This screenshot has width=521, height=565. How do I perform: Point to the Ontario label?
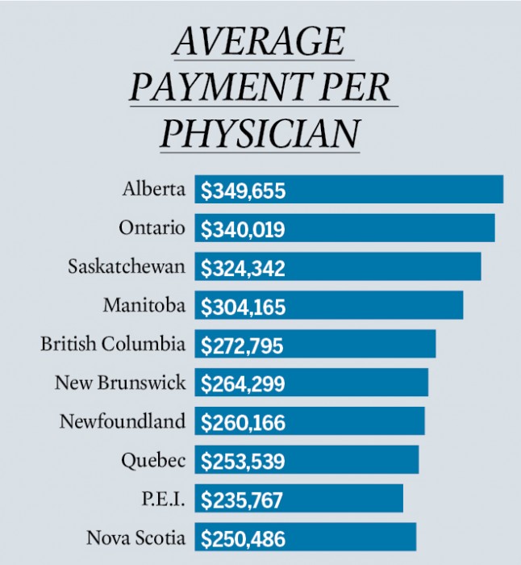point(152,228)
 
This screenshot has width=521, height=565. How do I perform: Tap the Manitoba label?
point(144,306)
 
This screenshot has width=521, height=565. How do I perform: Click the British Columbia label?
point(113,344)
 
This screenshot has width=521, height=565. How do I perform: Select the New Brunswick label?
point(120,383)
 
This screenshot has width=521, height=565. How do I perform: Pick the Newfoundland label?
point(123,421)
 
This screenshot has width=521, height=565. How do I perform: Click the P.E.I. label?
point(165,499)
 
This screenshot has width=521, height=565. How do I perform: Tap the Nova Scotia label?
point(136,538)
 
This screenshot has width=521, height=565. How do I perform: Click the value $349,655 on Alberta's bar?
point(243,191)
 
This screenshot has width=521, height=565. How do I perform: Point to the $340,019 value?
point(243,229)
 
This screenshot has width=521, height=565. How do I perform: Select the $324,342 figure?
point(243,268)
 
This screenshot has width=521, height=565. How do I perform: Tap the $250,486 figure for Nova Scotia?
point(243,538)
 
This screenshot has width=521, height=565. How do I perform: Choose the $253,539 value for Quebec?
point(243,462)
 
